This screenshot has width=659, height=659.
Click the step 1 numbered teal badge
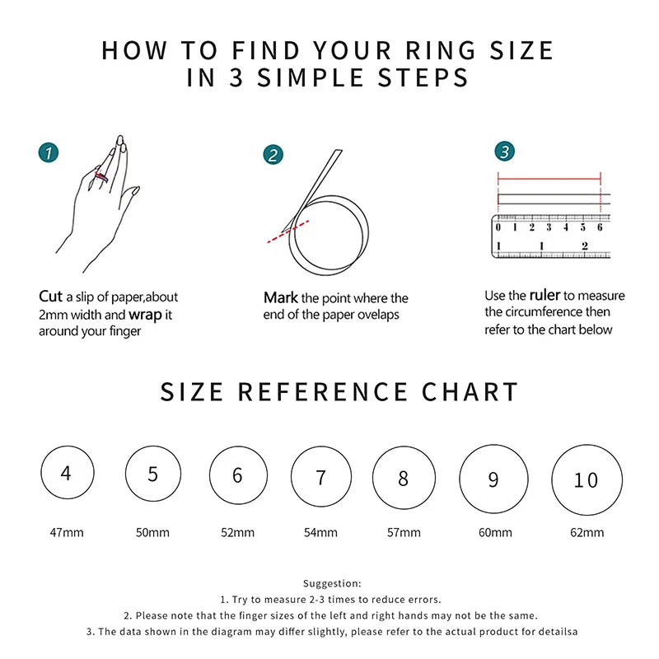[x=49, y=152]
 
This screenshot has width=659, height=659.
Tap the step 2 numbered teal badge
[x=273, y=154]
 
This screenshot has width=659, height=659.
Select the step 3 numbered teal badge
[x=505, y=151]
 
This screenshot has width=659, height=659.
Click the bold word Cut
[x=50, y=297]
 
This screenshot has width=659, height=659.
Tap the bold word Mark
[x=281, y=298]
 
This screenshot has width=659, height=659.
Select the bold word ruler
[x=544, y=295]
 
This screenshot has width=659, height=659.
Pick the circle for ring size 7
[x=321, y=477]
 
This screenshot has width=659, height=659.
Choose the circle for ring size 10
[x=586, y=479]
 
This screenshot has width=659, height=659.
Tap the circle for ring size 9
[x=493, y=479]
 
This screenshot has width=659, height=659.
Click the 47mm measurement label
[x=67, y=532]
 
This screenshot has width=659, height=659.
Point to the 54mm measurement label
[x=320, y=532]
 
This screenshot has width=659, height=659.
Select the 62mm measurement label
[x=587, y=532]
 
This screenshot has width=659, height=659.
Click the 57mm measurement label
[x=404, y=532]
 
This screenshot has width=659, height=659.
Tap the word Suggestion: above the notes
[x=332, y=583]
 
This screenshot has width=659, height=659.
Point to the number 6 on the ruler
[x=600, y=227]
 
